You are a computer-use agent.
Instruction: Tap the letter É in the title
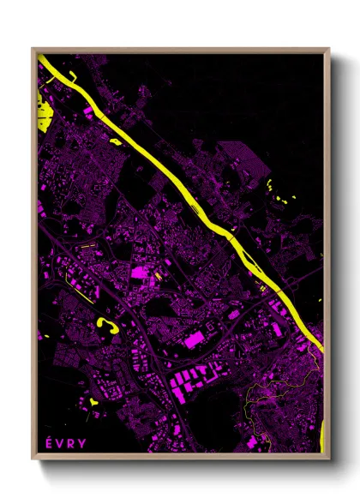click(48, 442)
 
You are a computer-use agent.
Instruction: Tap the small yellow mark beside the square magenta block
click(158, 276)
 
